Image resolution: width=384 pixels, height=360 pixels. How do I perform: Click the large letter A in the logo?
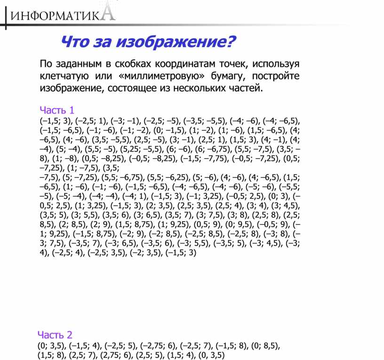point(108,12)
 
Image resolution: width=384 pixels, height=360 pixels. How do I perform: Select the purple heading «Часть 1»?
point(57,111)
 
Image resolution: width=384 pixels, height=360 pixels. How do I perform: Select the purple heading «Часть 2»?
point(55,335)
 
